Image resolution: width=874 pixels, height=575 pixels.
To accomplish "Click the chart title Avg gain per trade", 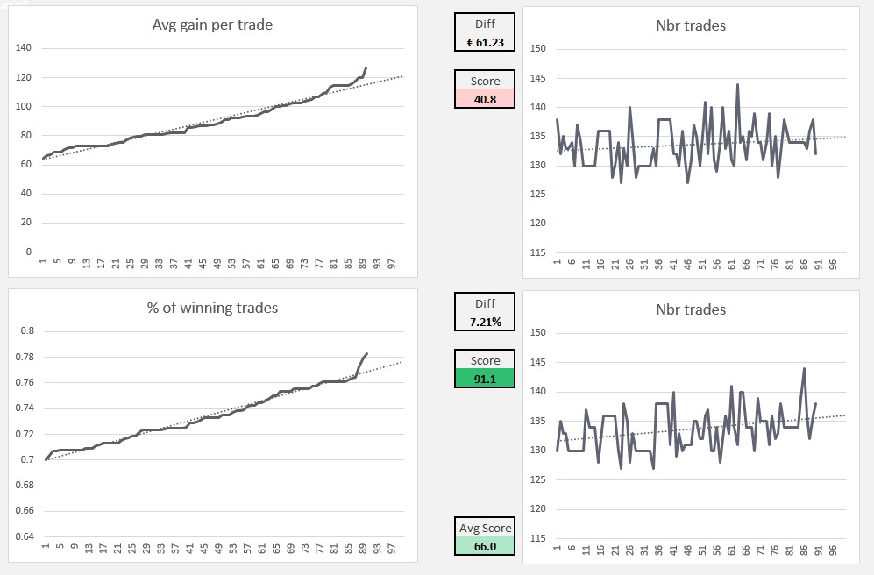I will click(x=212, y=25).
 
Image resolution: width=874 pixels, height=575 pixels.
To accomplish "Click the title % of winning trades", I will click(x=212, y=308).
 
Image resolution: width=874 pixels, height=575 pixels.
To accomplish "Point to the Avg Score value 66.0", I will click(x=485, y=546).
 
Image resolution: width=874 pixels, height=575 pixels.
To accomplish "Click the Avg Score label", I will click(x=485, y=528).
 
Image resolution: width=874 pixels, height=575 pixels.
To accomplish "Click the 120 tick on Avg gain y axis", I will click(x=24, y=77).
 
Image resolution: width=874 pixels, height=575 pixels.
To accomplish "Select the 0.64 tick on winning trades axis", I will click(x=27, y=536).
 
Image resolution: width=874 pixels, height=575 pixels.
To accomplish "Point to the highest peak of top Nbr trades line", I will click(x=737, y=84).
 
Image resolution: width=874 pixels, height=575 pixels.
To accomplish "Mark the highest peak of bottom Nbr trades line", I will click(x=804, y=368).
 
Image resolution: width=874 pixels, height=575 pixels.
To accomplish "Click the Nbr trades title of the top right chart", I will click(x=691, y=25).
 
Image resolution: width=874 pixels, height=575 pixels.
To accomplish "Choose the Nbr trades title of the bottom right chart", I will click(x=691, y=309).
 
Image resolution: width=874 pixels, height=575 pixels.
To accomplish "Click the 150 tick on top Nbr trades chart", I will click(x=538, y=49).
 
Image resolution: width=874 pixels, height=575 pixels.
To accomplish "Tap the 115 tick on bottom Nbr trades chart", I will click(x=538, y=537).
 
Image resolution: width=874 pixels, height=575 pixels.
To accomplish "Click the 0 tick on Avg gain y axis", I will click(x=29, y=252).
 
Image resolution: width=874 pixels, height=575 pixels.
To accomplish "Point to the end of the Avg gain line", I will click(x=366, y=67).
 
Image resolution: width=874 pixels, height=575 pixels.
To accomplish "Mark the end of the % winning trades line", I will click(x=366, y=354).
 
